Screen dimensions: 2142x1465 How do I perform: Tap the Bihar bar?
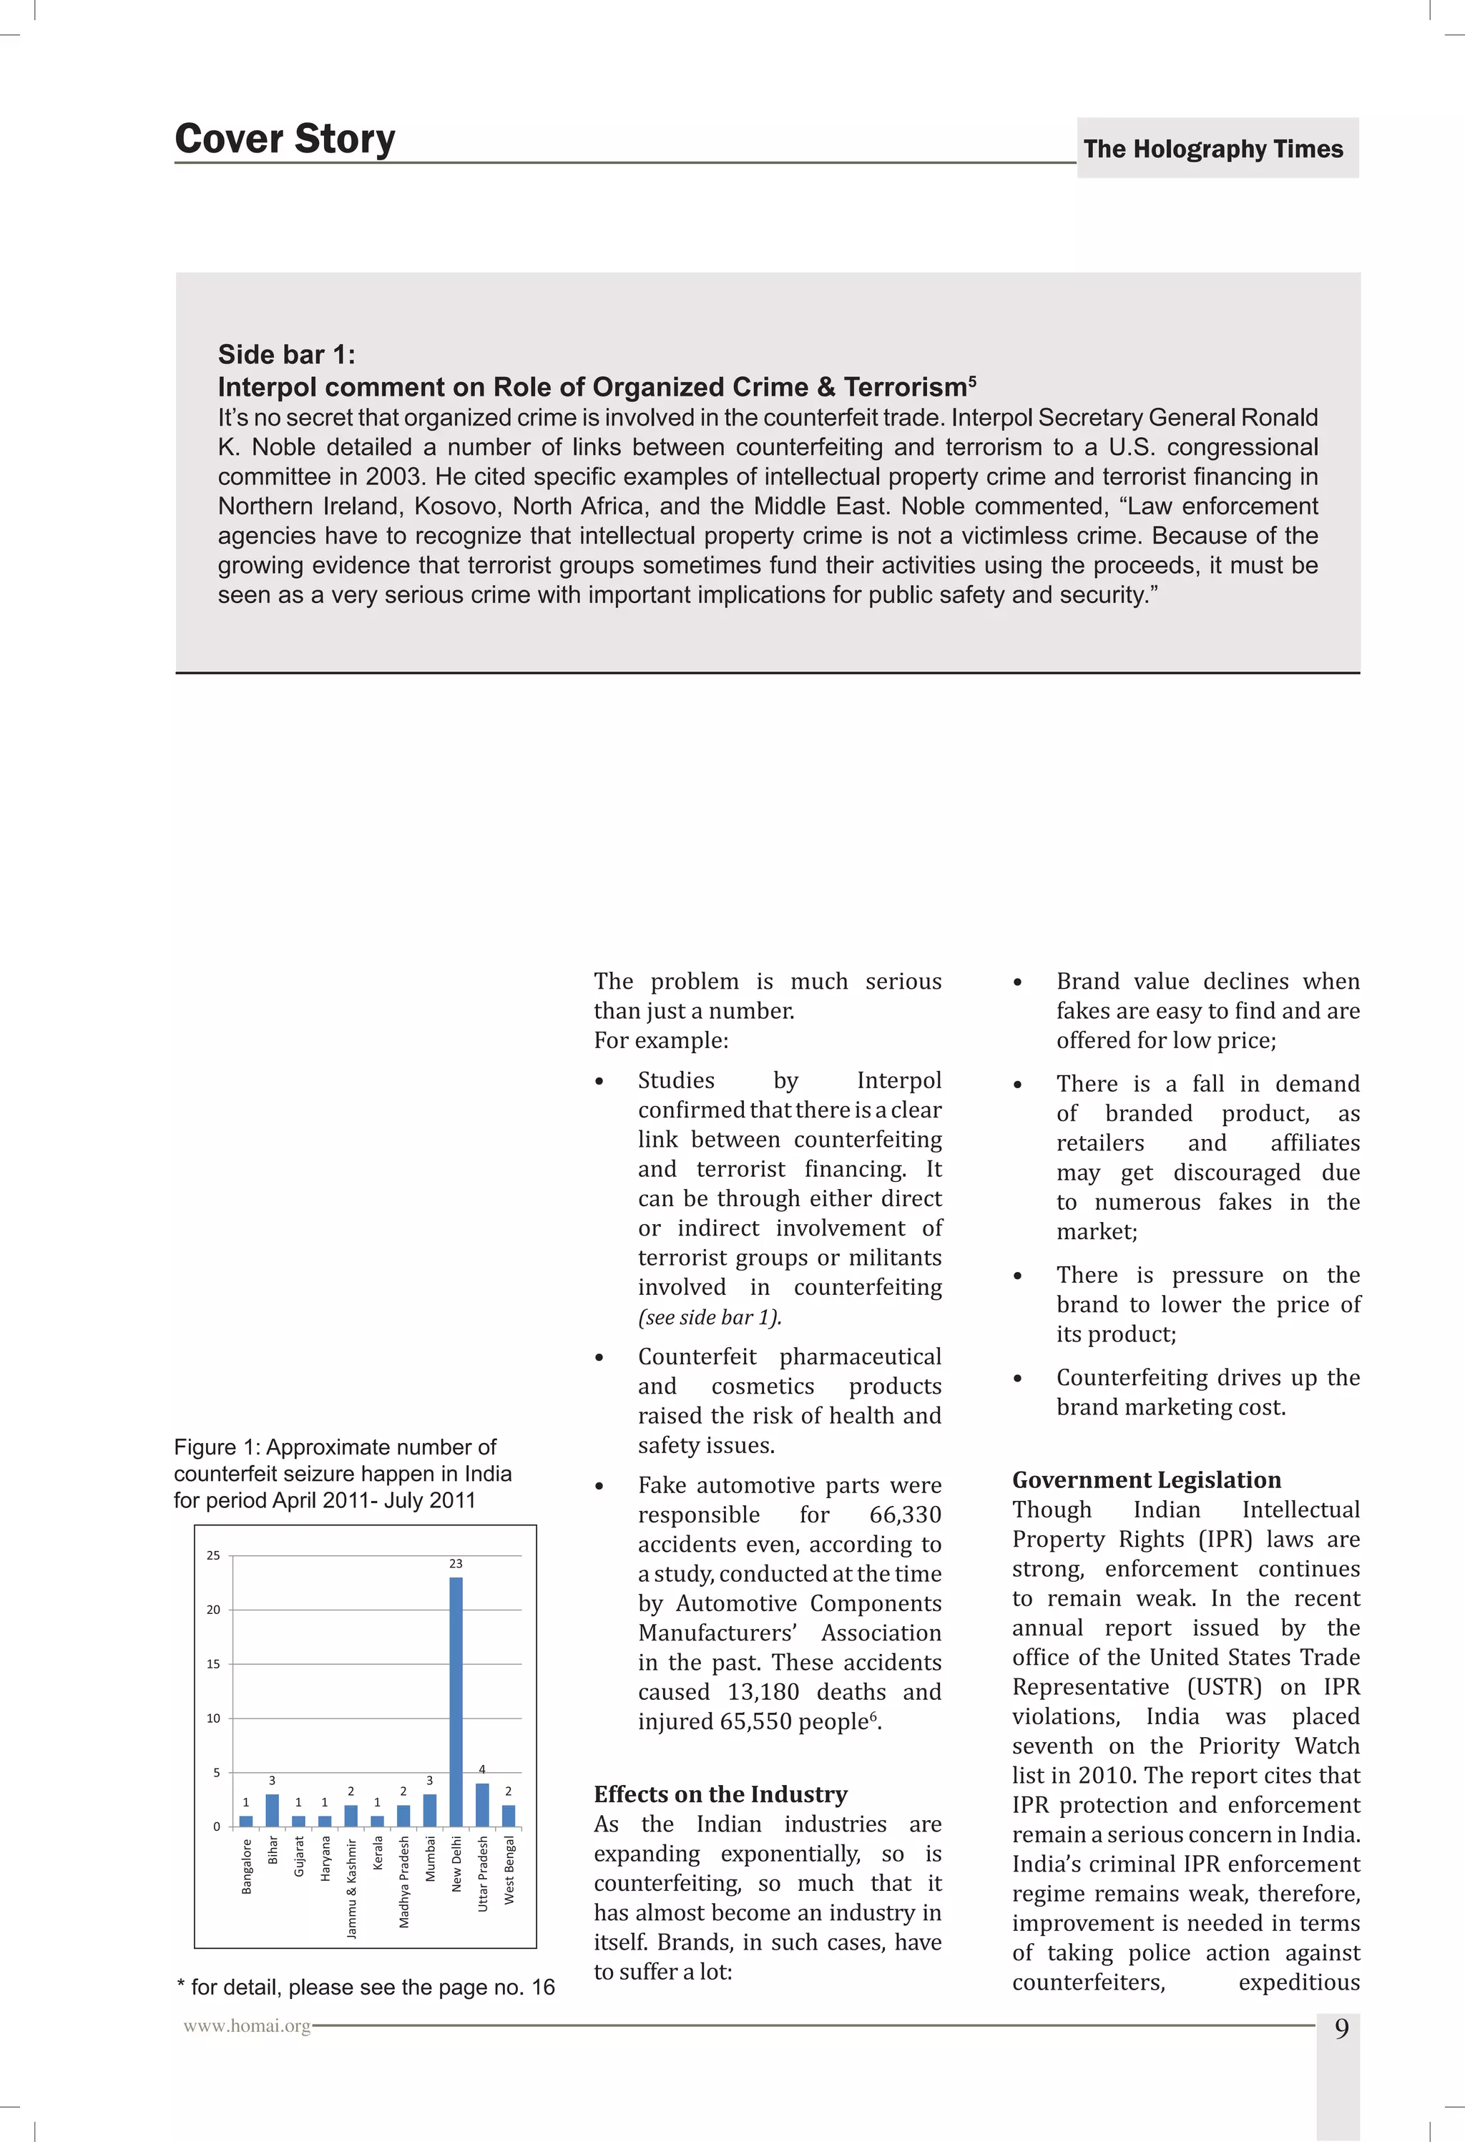pos(272,1810)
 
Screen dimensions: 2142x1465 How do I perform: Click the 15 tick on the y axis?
pos(214,1665)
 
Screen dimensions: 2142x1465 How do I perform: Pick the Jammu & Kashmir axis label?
pos(351,1889)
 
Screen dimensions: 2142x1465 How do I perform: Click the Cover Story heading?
pos(285,140)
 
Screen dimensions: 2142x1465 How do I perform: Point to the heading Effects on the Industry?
pos(720,1794)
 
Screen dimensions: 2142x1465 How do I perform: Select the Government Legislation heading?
pos(1146,1480)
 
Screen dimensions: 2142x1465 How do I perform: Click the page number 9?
pos(1341,2029)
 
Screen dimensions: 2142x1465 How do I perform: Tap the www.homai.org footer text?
pos(247,2026)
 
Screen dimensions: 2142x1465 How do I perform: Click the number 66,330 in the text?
pos(905,1515)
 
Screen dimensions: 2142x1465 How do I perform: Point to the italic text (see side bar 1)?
pos(710,1317)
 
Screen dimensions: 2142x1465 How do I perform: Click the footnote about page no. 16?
pos(366,1987)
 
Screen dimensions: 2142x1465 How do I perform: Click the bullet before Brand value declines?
pos(1017,982)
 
